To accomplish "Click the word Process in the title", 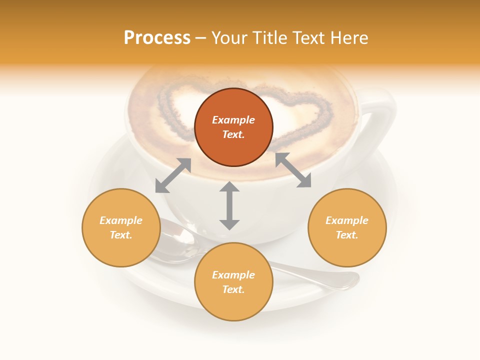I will click(x=157, y=38).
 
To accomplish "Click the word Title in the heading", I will click(x=269, y=38).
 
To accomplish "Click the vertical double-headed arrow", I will click(x=229, y=205).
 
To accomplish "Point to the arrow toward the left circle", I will click(x=173, y=175).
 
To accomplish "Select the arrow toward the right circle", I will click(x=293, y=170).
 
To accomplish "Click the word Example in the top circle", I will click(x=233, y=120).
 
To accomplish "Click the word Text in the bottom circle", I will click(x=233, y=289).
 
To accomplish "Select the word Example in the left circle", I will click(x=121, y=220).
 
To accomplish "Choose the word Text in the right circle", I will click(x=347, y=235).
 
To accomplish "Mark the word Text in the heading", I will click(x=309, y=38).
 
